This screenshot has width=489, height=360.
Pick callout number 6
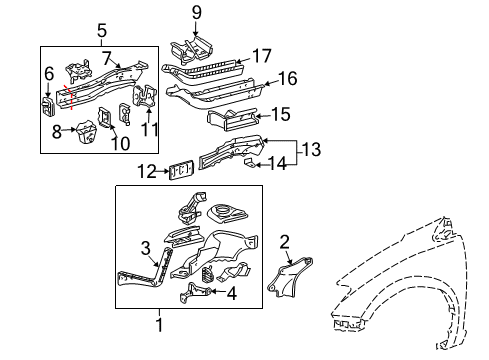[x=49, y=73]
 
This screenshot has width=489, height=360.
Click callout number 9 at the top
[x=196, y=13]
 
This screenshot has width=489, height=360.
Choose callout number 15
[x=280, y=115]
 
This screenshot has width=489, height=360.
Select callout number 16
[x=286, y=79]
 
